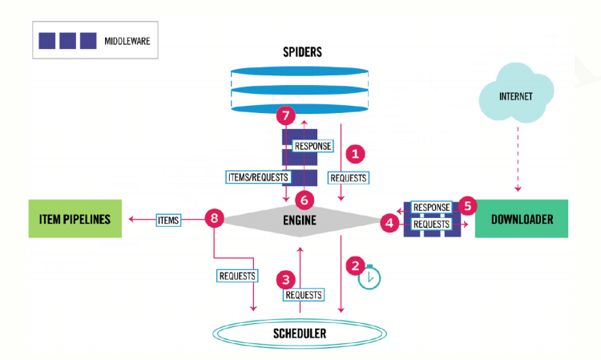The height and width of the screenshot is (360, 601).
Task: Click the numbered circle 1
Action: (x=354, y=152)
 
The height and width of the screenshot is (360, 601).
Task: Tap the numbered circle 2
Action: (x=354, y=263)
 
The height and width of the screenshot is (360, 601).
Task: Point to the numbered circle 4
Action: (x=390, y=224)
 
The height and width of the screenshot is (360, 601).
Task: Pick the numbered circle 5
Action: (x=469, y=205)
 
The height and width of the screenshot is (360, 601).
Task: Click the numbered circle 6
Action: (x=303, y=197)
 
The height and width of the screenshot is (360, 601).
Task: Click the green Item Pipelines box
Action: (x=75, y=218)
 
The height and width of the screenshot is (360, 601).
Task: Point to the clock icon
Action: (x=369, y=277)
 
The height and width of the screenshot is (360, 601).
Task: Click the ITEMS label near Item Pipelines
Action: (x=167, y=218)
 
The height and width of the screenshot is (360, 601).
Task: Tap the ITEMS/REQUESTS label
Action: (x=258, y=176)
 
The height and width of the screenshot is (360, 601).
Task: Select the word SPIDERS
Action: (x=301, y=52)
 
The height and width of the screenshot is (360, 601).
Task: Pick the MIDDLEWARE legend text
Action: (x=124, y=39)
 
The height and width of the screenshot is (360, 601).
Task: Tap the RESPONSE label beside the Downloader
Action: (x=431, y=207)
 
